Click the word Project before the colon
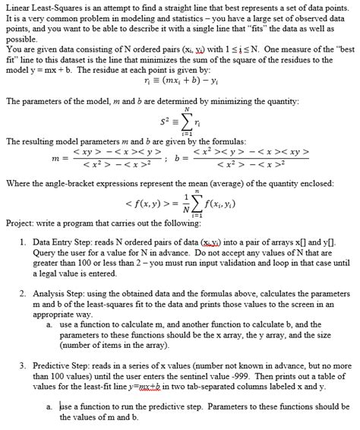[22, 223]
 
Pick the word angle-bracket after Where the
[76, 182]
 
